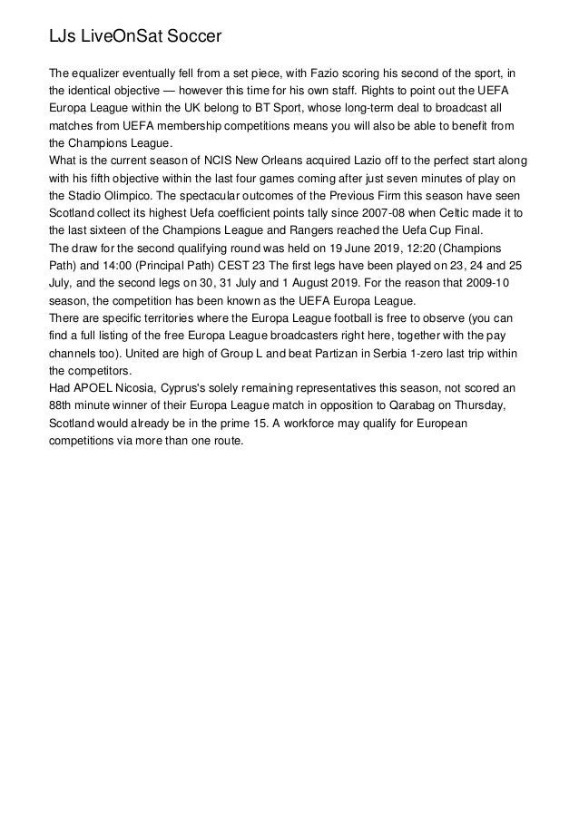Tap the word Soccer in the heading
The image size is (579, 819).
coord(190,36)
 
